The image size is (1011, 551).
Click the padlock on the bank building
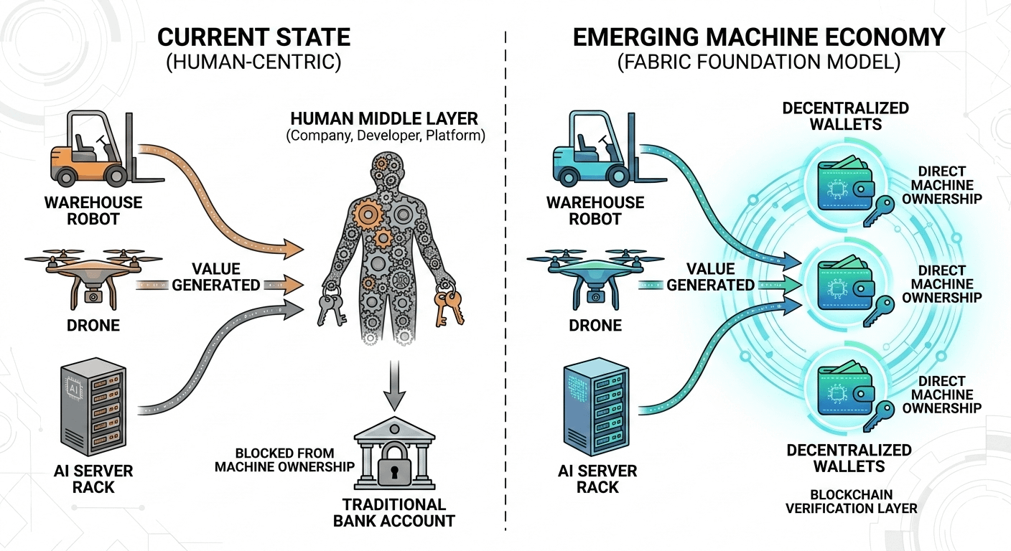pyautogui.click(x=393, y=462)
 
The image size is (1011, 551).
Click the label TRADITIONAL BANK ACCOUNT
pyautogui.click(x=393, y=512)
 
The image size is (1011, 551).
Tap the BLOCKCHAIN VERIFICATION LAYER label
pyautogui.click(x=851, y=501)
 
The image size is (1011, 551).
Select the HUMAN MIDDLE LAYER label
pyautogui.click(x=385, y=117)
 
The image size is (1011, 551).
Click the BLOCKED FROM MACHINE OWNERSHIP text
pyautogui.click(x=295, y=460)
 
